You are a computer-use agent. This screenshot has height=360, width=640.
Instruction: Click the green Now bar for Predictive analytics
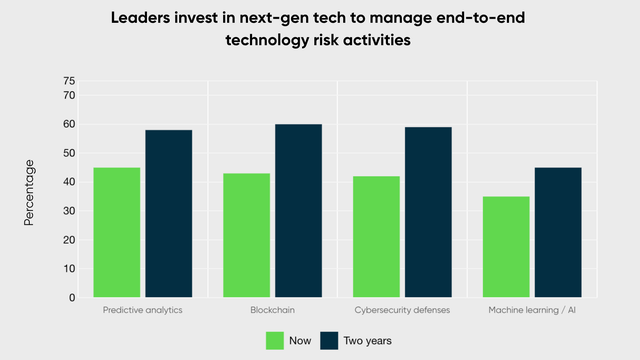[x=116, y=232]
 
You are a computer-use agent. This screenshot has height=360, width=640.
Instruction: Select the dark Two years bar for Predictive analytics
[x=168, y=214]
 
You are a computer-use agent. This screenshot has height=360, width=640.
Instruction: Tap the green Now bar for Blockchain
[x=246, y=235]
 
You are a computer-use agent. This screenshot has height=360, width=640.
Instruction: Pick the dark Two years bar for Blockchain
[x=298, y=211]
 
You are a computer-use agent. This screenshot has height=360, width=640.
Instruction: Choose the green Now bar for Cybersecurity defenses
[x=376, y=237]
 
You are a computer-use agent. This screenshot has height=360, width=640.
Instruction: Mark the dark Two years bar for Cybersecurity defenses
[x=428, y=212]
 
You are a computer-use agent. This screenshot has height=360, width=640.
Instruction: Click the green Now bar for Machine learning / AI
[x=505, y=247]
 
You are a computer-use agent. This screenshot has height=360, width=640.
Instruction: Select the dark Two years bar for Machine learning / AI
[x=557, y=232]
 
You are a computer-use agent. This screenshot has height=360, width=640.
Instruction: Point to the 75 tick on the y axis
[x=69, y=80]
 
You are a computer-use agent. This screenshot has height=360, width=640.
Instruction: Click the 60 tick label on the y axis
[x=69, y=124]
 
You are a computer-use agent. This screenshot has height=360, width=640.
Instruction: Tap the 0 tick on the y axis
[x=72, y=298]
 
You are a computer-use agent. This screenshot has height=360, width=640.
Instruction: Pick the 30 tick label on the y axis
[x=69, y=211]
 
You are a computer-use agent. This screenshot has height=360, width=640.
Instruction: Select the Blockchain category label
[x=272, y=310]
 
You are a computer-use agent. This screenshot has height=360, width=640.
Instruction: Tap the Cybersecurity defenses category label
[x=402, y=310]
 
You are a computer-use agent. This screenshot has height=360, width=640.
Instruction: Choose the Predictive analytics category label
[x=142, y=310]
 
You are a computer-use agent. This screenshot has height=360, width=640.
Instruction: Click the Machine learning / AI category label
[x=531, y=310]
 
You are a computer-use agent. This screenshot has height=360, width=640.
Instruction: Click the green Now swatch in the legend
[x=275, y=341]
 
